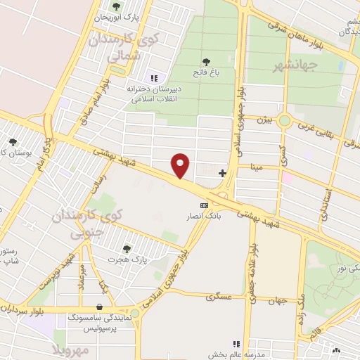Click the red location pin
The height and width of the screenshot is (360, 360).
181,165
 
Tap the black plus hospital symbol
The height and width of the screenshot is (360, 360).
222,172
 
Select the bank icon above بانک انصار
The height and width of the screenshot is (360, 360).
204,205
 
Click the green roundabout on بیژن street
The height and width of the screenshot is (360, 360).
284,120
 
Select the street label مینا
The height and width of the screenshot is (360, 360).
251,167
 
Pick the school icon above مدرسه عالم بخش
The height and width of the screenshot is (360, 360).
237,344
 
